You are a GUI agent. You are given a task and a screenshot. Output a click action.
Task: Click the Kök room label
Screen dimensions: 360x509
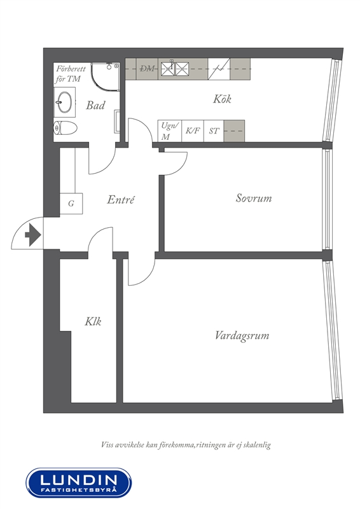click(x=222, y=99)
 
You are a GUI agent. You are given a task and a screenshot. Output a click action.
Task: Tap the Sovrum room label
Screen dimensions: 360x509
click(x=254, y=198)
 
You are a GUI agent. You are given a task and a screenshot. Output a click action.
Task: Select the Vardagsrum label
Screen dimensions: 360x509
click(x=242, y=335)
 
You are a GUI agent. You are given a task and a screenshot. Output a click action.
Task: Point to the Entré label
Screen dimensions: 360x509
click(x=120, y=199)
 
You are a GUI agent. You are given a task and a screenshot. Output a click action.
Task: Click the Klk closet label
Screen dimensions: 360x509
click(x=93, y=321)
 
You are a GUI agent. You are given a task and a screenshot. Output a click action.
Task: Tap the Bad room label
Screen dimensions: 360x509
click(x=95, y=105)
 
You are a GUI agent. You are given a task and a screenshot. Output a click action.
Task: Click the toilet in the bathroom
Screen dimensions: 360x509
click(x=65, y=128)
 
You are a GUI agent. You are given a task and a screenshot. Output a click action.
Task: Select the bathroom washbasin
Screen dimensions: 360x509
click(x=65, y=102)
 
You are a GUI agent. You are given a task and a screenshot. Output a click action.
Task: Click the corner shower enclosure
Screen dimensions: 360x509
click(x=105, y=76)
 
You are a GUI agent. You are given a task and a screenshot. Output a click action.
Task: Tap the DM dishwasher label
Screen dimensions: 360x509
click(x=147, y=69)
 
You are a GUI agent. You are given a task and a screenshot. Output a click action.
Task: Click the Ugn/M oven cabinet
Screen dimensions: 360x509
click(x=169, y=131)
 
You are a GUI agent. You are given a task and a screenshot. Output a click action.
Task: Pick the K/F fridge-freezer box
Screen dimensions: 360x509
click(x=193, y=131)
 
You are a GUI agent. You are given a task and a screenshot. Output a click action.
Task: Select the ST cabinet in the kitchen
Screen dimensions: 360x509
click(x=214, y=131)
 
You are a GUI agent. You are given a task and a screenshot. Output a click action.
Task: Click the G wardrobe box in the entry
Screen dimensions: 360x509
click(x=71, y=204)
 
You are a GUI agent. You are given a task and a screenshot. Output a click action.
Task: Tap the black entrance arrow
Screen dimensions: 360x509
click(x=32, y=234)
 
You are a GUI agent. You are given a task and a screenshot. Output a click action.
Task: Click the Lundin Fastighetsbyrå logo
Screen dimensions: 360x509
click(x=79, y=482)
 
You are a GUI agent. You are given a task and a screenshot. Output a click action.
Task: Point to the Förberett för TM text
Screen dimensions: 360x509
click(x=70, y=74)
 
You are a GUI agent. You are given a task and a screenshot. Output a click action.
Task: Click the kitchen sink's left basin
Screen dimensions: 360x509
click(x=168, y=69)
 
